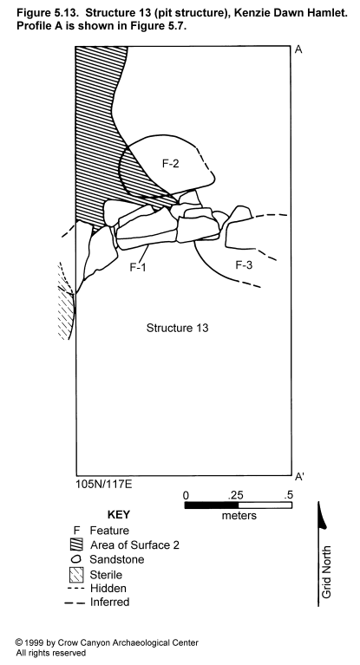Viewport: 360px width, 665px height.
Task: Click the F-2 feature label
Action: [171, 163]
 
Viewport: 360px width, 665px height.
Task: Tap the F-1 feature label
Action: [138, 267]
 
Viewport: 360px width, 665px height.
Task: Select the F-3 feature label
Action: [244, 265]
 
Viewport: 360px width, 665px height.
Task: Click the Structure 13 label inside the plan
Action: [178, 328]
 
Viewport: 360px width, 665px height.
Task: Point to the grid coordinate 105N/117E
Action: [104, 484]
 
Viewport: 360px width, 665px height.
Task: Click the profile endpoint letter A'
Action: [299, 477]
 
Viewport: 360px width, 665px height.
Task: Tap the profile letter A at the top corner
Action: [298, 49]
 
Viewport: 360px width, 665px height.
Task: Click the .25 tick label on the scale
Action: [236, 495]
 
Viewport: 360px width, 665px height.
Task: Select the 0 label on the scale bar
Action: [186, 495]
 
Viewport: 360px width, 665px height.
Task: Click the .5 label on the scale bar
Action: [288, 495]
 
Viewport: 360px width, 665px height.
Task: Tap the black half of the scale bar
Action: [212, 505]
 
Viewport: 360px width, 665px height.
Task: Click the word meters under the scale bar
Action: [239, 515]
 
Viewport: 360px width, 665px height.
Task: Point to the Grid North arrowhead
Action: [322, 515]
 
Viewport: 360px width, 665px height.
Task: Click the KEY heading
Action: [119, 515]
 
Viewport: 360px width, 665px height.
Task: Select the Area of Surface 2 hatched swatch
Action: [76, 544]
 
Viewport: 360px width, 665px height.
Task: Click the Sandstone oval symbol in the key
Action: [77, 559]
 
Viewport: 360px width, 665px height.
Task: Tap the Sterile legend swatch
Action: [76, 575]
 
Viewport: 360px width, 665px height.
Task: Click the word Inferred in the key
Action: [109, 602]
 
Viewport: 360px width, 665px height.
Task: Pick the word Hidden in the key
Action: [108, 588]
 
